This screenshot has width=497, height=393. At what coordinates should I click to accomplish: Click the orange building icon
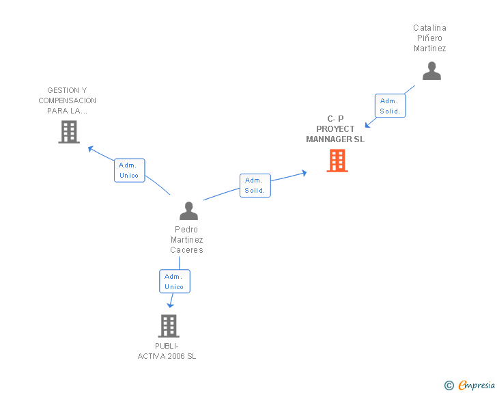337,161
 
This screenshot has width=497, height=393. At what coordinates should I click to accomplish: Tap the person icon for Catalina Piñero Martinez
431,71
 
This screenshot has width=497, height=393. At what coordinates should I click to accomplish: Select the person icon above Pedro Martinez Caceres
188,211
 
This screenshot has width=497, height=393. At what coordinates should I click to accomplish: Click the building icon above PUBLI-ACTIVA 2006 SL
169,326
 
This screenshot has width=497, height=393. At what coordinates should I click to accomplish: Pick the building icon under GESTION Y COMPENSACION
69,132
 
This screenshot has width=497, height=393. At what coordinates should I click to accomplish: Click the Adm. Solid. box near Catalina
390,106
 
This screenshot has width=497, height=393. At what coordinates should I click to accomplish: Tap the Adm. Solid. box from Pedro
255,185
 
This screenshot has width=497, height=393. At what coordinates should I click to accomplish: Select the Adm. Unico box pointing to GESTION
129,170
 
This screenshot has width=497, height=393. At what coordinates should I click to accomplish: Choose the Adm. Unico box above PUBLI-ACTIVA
175,282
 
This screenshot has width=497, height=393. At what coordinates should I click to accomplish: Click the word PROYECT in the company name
335,129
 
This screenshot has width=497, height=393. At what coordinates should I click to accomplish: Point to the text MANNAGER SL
335,139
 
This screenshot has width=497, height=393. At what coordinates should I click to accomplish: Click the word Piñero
429,38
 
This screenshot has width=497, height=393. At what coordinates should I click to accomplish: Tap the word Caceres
186,250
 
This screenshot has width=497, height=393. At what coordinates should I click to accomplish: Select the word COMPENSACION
67,100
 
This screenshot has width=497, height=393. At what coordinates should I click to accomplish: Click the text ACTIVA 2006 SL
167,356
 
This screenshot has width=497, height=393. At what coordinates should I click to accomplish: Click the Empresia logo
470,385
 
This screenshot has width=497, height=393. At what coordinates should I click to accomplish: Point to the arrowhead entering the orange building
304,173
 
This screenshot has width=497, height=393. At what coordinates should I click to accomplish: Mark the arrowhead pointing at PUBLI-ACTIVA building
170,305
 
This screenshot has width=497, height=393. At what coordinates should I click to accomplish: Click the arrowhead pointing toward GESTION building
90,148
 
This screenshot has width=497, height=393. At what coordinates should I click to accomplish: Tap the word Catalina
430,28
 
